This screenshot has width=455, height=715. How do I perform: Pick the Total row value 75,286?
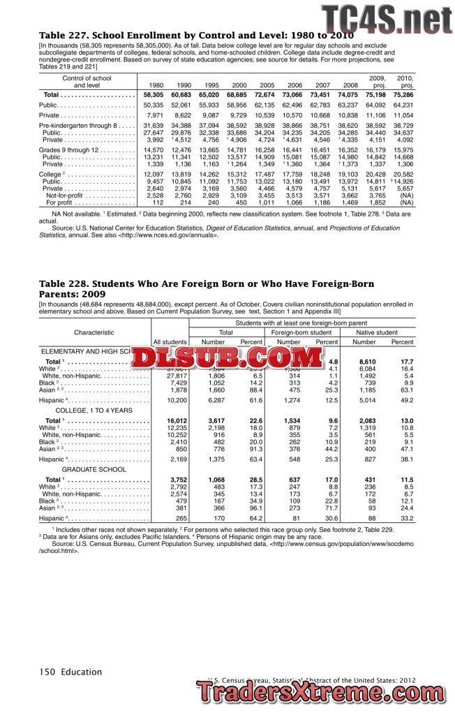point(403,95)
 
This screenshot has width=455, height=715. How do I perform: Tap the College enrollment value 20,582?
point(403,174)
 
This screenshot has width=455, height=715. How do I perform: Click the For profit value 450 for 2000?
point(237,202)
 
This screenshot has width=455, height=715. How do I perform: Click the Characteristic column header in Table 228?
point(94,332)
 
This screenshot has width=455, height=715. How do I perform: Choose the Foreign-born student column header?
point(301,332)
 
